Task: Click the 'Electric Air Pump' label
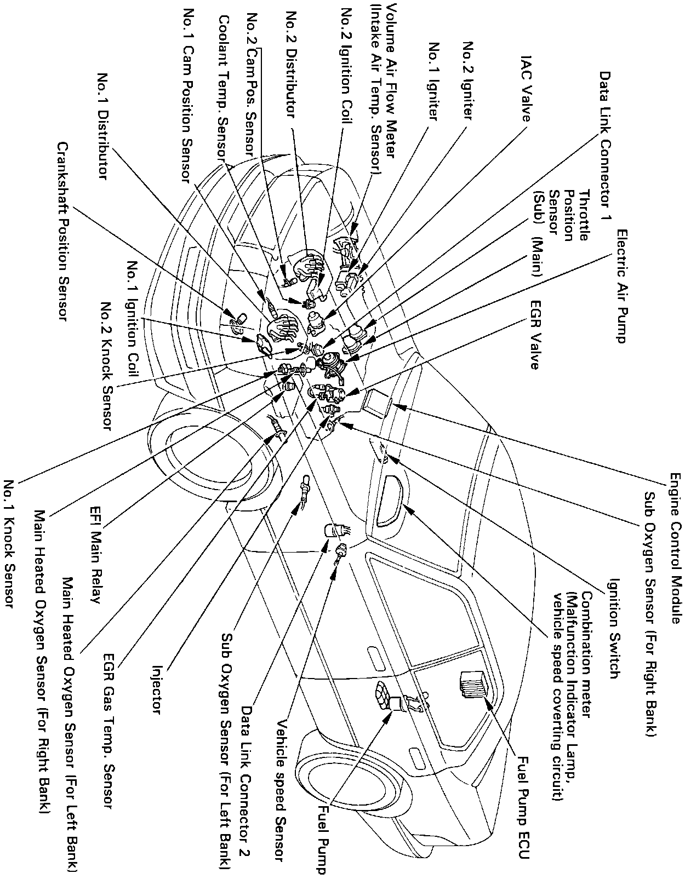pyautogui.click(x=620, y=286)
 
